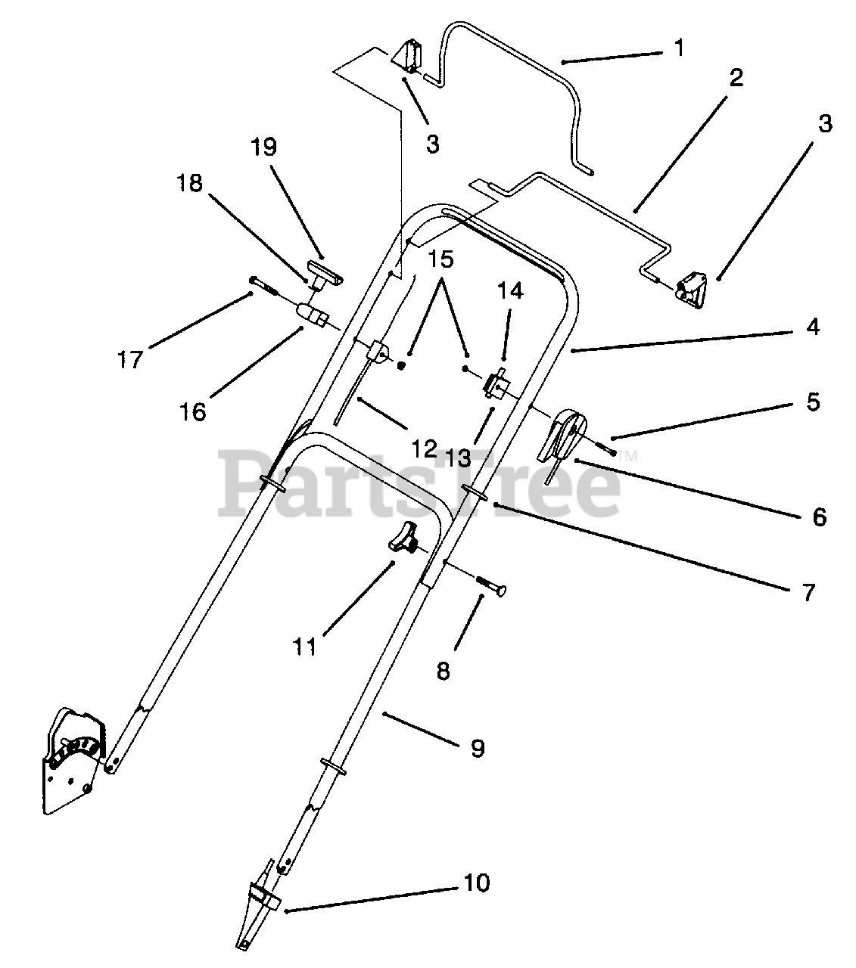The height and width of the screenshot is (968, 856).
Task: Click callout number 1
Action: tap(679, 49)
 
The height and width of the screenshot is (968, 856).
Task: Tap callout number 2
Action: tap(736, 78)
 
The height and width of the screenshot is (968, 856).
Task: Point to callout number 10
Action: tap(478, 882)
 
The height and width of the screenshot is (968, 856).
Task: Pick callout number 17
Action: tap(130, 358)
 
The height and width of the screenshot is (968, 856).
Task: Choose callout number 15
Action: tap(440, 260)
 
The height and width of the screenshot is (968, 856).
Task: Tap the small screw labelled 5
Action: tap(610, 451)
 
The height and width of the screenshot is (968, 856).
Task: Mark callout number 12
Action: tap(425, 448)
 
